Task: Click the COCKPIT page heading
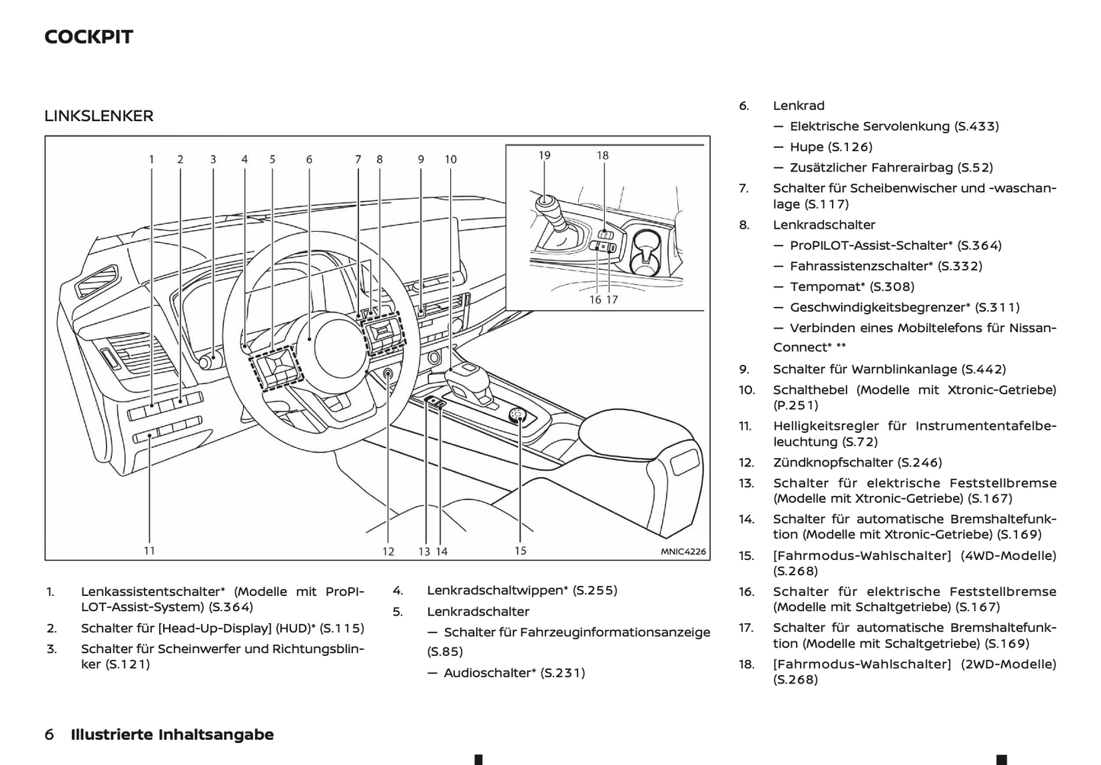pyautogui.click(x=88, y=37)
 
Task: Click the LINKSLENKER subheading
pyautogui.click(x=99, y=116)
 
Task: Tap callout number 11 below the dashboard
pyautogui.click(x=149, y=550)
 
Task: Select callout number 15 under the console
pyautogui.click(x=520, y=550)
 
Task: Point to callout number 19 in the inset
pyautogui.click(x=544, y=155)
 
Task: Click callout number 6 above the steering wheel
pyautogui.click(x=309, y=159)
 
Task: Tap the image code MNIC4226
pyautogui.click(x=683, y=552)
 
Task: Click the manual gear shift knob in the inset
pyautogui.click(x=546, y=205)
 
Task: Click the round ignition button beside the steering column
pyautogui.click(x=389, y=374)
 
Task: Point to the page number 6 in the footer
pyautogui.click(x=50, y=735)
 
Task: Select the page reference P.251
pyautogui.click(x=795, y=405)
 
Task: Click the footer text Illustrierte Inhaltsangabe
pyautogui.click(x=172, y=735)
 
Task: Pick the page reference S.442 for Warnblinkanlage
pyautogui.click(x=983, y=370)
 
